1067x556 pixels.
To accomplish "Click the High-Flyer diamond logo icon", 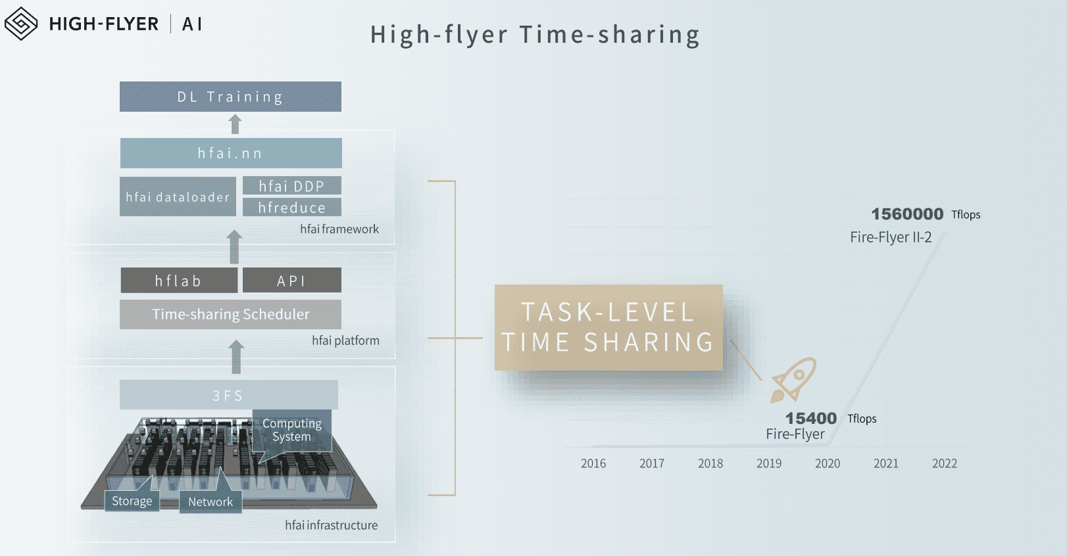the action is click(21, 24).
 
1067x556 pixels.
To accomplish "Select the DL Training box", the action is click(230, 97).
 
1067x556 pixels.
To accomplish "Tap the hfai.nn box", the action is click(231, 153).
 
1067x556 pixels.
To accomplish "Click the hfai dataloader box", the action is click(178, 197).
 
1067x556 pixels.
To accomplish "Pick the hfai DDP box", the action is click(292, 185).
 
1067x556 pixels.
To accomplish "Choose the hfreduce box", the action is click(292, 207).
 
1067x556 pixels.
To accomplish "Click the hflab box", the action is click(179, 281).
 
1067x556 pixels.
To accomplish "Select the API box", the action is click(292, 281).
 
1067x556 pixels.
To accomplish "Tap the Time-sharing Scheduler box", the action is click(230, 314).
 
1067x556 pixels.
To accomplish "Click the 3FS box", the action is click(229, 394).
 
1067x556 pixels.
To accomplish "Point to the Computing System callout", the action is click(291, 430).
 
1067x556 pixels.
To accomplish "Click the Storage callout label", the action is click(132, 501).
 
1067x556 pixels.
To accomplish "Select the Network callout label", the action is click(211, 501).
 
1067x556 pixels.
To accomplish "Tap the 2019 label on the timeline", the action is click(769, 463).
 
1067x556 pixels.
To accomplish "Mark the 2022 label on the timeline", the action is click(945, 463).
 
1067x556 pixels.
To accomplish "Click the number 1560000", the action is click(907, 214).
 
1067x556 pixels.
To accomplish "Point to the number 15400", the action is click(810, 419).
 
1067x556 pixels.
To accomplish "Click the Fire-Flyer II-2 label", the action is click(891, 237).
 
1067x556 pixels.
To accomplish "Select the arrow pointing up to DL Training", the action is click(235, 124).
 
